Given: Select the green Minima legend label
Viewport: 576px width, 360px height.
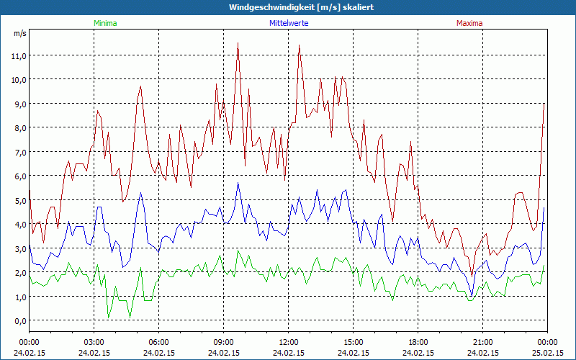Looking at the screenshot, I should [105, 23].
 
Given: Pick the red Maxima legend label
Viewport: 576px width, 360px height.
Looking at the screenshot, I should [469, 23].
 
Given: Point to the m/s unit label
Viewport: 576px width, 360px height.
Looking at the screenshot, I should [19, 33].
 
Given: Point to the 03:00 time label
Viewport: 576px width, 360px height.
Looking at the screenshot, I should [94, 341].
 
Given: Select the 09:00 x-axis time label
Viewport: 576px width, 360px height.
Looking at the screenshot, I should [223, 341].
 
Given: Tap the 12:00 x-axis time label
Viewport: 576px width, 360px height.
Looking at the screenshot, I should [288, 341].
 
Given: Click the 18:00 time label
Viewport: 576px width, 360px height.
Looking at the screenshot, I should [418, 341].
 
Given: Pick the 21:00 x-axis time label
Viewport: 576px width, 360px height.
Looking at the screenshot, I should [482, 341].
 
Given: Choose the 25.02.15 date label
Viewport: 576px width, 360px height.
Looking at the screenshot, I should [547, 353].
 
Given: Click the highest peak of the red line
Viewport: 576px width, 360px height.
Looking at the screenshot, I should [238, 42].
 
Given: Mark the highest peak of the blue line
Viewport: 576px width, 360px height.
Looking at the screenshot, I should [238, 182].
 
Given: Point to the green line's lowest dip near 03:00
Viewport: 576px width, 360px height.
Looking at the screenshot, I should [108, 318].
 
